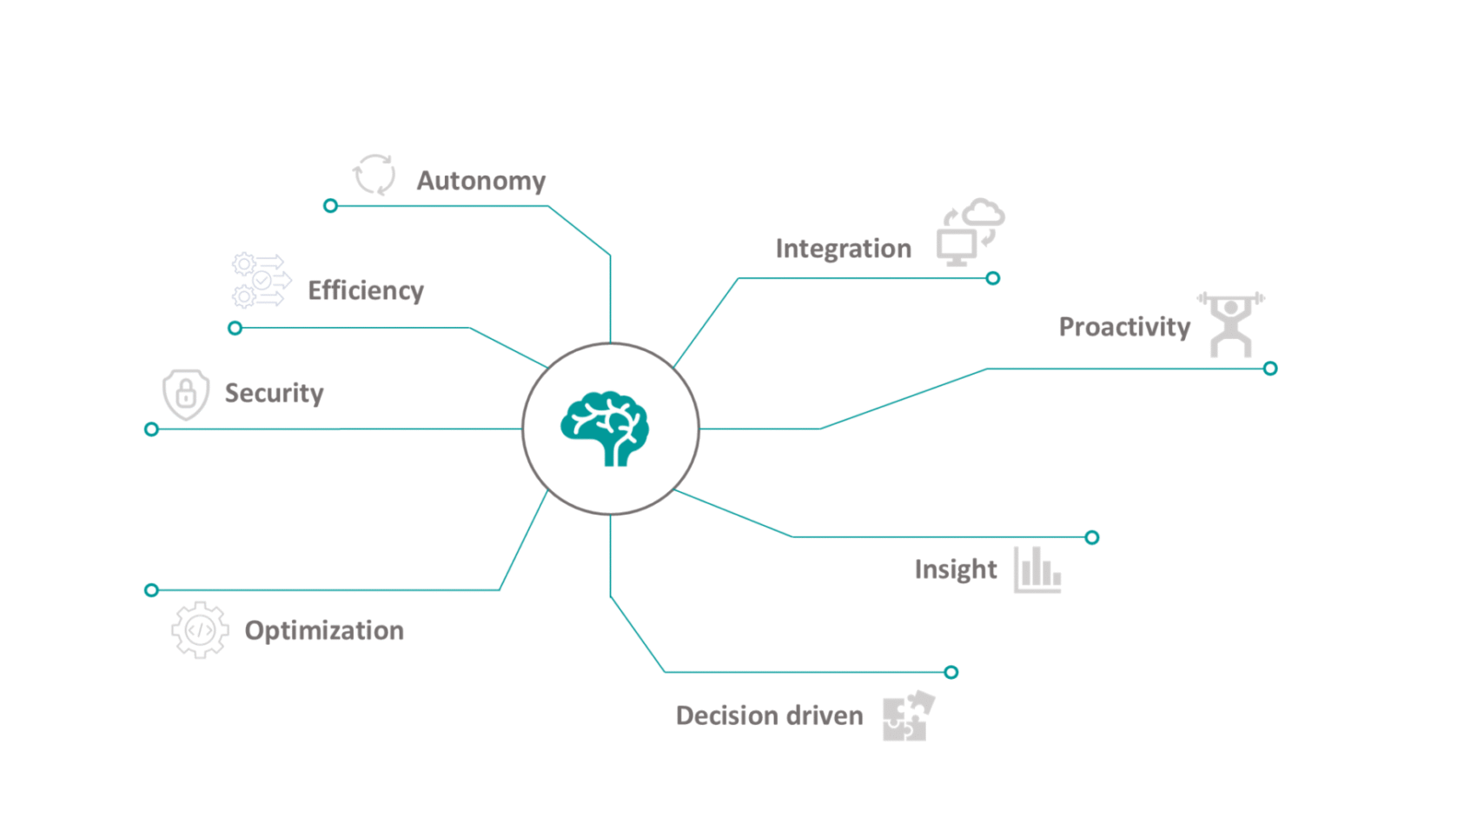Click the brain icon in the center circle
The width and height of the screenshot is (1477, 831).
tap(606, 429)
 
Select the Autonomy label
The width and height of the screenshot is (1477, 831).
tap(480, 181)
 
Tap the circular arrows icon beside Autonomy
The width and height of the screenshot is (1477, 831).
tap(374, 175)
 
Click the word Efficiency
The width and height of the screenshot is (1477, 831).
tap(366, 290)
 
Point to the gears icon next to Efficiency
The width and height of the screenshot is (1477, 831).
tap(260, 280)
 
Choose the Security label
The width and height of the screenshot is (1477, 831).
tap(274, 393)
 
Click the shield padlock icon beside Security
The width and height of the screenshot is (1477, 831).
tap(186, 394)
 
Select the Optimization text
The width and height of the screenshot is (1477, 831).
tap(324, 630)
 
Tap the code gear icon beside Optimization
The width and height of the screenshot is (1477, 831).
tap(200, 630)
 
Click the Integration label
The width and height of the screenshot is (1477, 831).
tap(843, 249)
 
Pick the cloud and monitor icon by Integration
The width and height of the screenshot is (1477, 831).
tap(970, 232)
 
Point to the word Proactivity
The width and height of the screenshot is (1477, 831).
tap(1124, 327)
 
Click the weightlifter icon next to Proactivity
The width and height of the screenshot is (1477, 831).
tap(1231, 324)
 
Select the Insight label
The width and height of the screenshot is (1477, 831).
tap(955, 569)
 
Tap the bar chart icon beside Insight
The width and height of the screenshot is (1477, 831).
tap(1037, 570)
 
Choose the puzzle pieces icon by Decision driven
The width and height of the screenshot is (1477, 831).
tap(908, 717)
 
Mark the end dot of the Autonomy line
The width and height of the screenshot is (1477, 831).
tap(330, 206)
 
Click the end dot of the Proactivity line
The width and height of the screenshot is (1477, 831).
tap(1270, 369)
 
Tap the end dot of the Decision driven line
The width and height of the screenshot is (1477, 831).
tap(951, 672)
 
